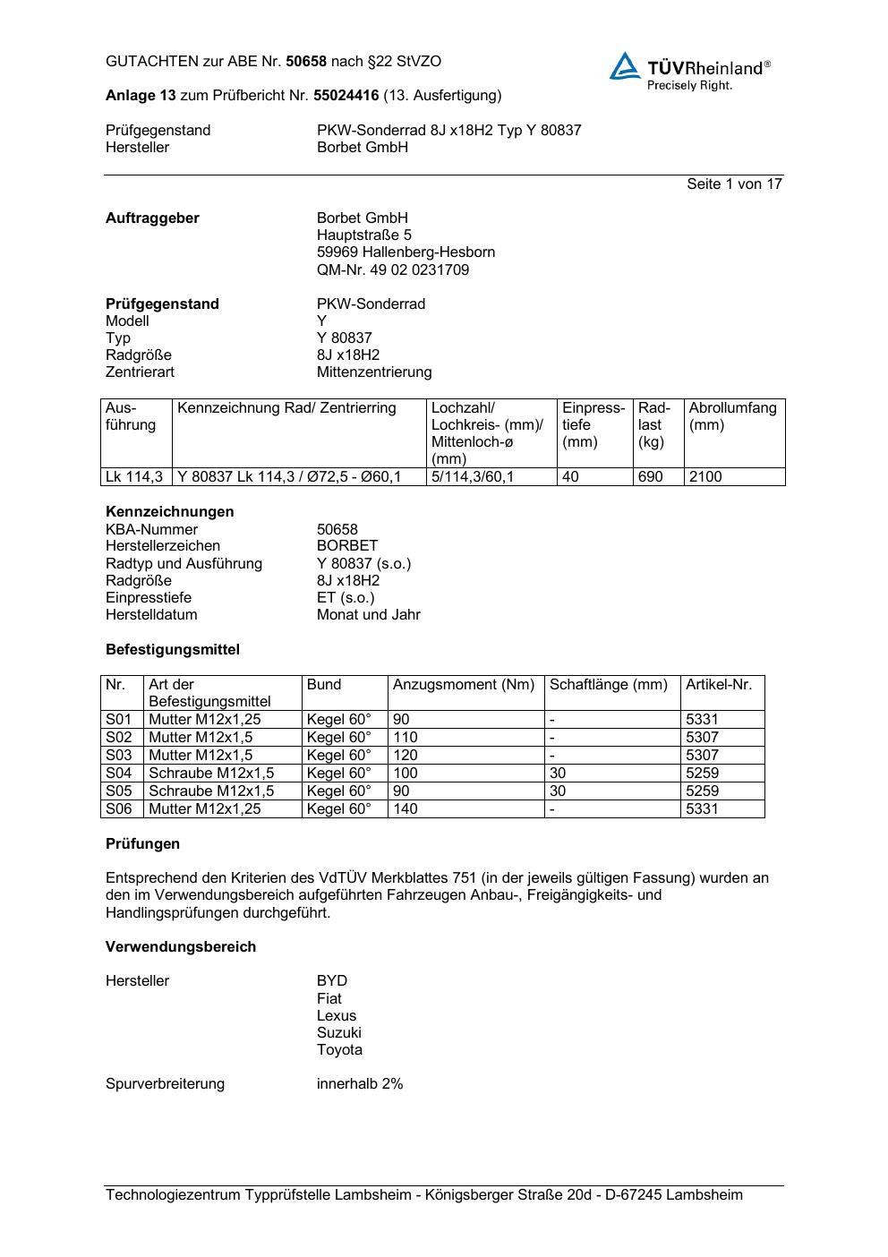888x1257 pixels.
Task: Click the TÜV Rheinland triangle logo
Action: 625,67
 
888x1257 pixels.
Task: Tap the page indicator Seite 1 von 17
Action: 734,184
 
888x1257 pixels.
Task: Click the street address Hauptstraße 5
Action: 363,235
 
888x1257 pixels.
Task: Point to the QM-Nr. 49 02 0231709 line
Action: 392,269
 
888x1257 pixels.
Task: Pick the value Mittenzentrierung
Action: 373,372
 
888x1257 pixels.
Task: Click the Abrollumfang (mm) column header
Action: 732,416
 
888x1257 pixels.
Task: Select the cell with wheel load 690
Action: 651,477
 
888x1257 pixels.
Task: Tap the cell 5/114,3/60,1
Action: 473,477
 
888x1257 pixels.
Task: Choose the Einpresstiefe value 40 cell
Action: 571,477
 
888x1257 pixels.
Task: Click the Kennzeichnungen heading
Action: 169,512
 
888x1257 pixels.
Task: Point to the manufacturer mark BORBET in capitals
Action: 347,546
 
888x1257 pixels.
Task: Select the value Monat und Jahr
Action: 368,615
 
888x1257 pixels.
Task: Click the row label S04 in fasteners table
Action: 119,774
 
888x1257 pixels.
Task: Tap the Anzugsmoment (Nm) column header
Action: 463,685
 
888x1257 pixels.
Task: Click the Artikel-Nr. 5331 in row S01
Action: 702,720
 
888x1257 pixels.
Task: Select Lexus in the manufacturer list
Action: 336,1016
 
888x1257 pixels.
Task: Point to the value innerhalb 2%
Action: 359,1084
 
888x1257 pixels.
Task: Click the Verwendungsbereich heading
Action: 181,947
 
